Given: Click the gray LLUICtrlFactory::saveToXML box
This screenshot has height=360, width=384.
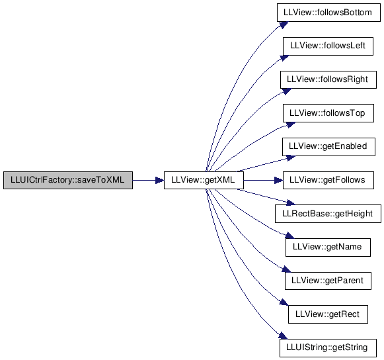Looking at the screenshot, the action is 68,180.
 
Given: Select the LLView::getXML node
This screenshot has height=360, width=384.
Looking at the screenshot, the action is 204,180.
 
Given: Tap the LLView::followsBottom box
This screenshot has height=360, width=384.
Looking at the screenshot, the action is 328,13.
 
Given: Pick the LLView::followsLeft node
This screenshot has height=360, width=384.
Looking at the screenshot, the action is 328,46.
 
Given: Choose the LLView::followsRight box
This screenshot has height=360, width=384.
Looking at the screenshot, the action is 328,79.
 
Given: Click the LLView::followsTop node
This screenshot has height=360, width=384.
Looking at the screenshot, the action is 328,113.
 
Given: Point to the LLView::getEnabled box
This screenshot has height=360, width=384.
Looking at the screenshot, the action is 328,147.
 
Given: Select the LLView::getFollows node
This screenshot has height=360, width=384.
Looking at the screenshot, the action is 328,180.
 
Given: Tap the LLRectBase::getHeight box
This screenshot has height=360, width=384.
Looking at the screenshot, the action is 328,214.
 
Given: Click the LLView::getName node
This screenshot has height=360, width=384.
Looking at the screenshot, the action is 328,247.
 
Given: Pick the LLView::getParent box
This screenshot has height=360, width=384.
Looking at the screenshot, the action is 328,281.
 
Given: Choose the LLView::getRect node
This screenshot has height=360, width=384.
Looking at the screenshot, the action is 328,314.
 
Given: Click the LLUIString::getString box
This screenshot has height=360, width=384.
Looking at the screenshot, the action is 328,348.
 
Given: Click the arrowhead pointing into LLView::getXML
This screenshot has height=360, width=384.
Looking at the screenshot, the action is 160,181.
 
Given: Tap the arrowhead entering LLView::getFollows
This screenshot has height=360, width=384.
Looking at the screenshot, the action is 279,181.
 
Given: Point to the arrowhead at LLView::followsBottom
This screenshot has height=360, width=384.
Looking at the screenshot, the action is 284,24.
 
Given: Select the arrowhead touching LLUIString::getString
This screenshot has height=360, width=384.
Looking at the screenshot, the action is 283,336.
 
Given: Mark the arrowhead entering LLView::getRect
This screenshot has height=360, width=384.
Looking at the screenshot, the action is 284,302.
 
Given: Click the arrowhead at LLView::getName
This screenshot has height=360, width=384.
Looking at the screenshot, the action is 289,236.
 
